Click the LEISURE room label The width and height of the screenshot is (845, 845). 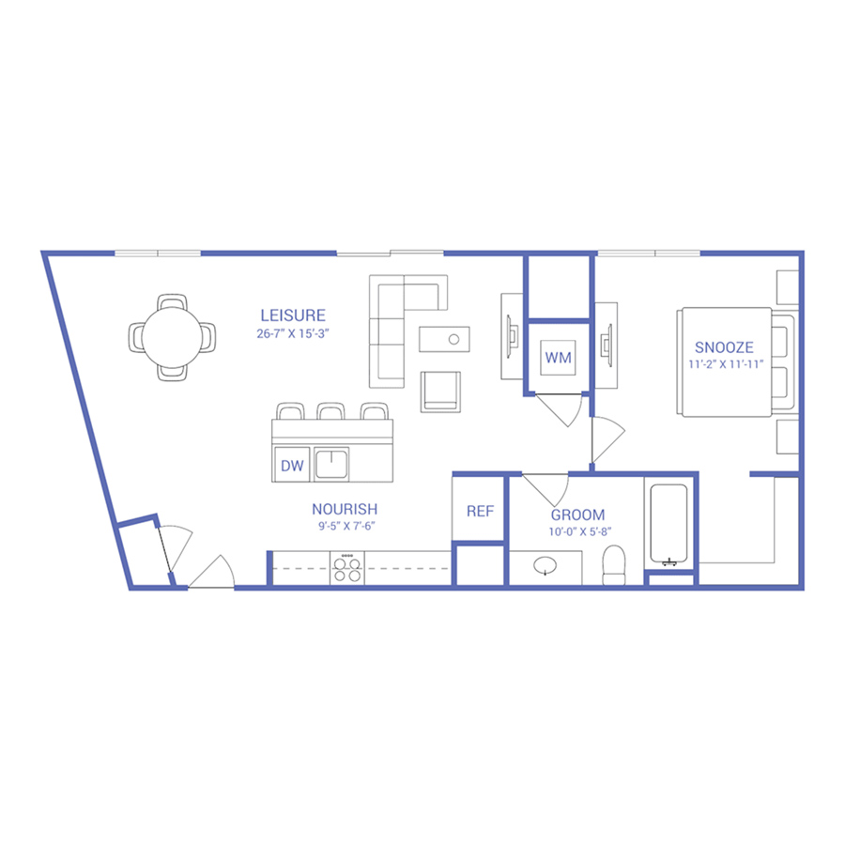tap(293, 315)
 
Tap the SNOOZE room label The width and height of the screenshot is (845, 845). tap(724, 347)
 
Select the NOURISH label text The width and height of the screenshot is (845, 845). tap(345, 509)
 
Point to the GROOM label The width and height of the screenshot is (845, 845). tap(577, 515)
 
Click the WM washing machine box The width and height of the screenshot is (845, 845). tap(559, 358)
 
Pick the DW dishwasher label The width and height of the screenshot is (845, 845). tap(292, 466)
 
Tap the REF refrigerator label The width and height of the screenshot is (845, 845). tap(480, 511)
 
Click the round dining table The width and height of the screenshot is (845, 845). tap(173, 337)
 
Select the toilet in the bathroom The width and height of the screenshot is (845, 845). tap(613, 565)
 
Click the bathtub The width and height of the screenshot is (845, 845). tap(668, 524)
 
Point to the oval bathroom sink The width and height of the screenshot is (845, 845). tap(545, 566)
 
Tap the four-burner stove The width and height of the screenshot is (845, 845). tap(347, 568)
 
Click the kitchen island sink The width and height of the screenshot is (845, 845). tap(330, 464)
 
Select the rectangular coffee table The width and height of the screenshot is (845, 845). tap(444, 340)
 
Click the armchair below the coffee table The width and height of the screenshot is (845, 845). tap(440, 392)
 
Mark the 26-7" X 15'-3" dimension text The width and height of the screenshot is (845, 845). tap(293, 333)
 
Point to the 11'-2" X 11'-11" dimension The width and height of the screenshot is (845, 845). tap(726, 364)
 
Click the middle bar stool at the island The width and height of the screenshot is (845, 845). tap(330, 411)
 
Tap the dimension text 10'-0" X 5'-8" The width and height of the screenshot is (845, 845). tap(580, 532)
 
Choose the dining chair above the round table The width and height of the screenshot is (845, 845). tap(173, 301)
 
